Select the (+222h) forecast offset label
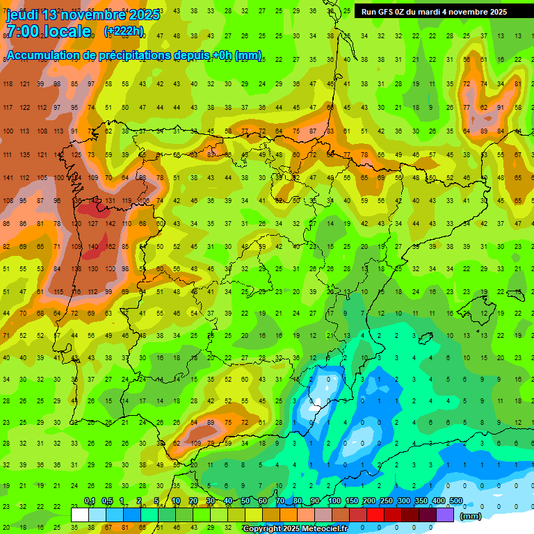(x=124, y=31)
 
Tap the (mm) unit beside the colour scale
(x=471, y=517)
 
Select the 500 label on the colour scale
(x=456, y=501)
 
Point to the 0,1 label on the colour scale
(x=90, y=501)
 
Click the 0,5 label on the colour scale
(x=107, y=501)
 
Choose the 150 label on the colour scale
(x=352, y=501)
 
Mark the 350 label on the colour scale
(x=421, y=501)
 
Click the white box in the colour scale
(x=80, y=515)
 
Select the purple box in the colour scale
(x=445, y=515)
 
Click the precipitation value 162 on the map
(x=111, y=246)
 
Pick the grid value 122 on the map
(x=25, y=107)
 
